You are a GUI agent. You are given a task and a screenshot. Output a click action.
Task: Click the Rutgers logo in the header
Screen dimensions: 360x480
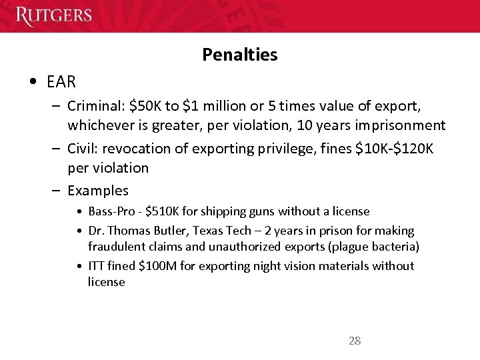[54, 15]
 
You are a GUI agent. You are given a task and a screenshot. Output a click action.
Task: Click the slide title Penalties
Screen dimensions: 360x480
[239, 55]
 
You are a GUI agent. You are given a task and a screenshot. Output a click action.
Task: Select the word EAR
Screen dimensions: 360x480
[61, 82]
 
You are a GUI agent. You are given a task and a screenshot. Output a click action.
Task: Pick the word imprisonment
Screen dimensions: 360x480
[401, 125]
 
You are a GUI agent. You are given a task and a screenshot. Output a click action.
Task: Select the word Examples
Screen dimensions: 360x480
[98, 191]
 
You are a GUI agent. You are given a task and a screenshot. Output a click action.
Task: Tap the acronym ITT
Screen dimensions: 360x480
[97, 266]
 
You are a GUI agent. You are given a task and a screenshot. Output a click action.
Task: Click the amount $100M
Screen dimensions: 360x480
[155, 266]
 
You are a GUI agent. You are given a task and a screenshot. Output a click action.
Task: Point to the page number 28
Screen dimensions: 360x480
[355, 341]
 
